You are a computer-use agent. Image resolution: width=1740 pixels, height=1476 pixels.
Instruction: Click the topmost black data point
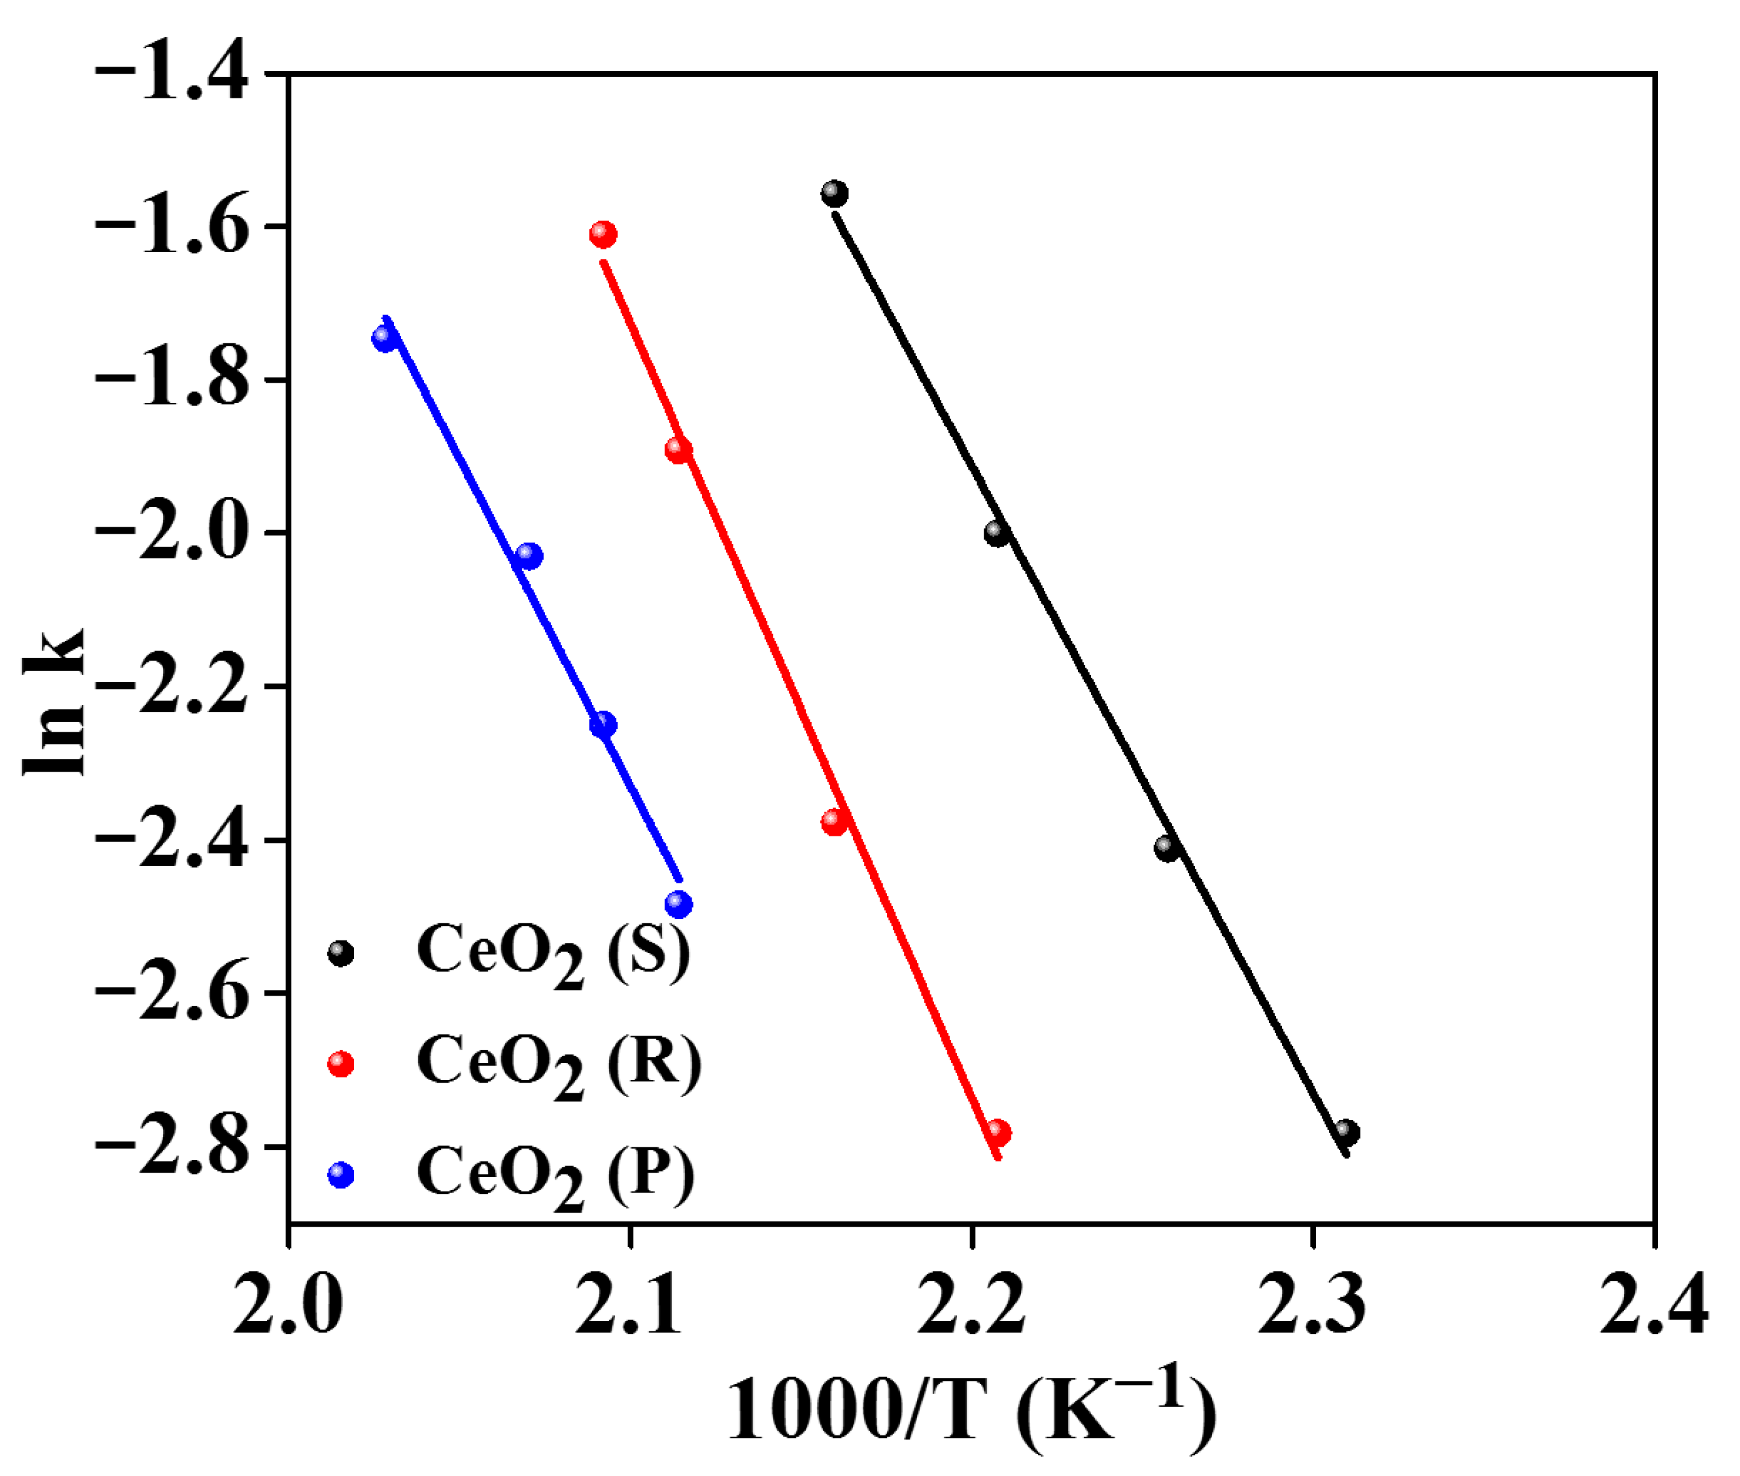[x=834, y=194]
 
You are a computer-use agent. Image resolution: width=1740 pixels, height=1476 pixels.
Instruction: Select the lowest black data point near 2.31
[x=1347, y=1133]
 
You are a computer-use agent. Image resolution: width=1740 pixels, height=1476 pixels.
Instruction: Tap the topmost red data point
[x=603, y=234]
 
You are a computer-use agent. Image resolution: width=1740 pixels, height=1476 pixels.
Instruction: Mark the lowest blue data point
[x=678, y=904]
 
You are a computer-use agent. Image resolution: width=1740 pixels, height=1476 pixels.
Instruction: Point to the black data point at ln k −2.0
[x=996, y=533]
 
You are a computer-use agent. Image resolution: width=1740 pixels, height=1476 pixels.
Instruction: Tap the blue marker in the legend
[x=341, y=1175]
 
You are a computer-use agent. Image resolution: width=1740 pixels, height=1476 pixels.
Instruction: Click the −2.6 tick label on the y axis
[x=171, y=993]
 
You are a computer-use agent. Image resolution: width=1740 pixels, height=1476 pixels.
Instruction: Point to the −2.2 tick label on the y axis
[x=171, y=687]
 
